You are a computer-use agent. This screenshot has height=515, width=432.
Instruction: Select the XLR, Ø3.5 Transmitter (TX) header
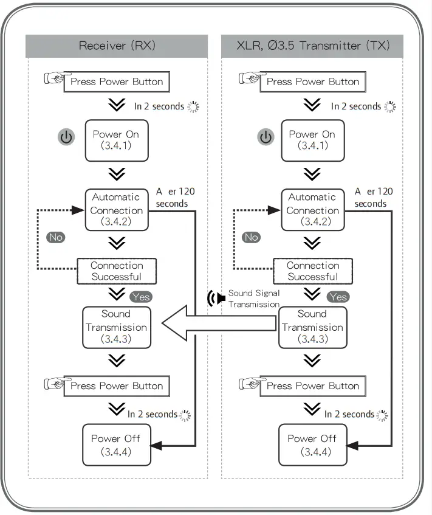click(x=312, y=46)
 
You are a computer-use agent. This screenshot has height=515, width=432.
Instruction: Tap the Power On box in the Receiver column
click(x=116, y=140)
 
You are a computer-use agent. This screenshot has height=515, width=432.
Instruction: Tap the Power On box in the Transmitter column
click(x=312, y=140)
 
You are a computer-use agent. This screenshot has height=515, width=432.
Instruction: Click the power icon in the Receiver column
click(x=66, y=137)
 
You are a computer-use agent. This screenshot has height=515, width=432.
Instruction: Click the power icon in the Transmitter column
click(x=266, y=137)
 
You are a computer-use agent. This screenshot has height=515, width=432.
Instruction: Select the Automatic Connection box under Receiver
click(x=116, y=210)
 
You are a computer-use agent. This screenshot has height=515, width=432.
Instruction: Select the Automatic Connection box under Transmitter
click(x=312, y=210)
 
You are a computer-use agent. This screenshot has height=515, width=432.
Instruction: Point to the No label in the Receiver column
click(x=56, y=237)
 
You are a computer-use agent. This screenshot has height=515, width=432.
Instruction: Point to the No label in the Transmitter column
click(x=251, y=237)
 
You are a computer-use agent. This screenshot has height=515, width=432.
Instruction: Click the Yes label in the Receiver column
click(x=140, y=297)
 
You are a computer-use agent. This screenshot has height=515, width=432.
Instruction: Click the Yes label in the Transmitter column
click(x=338, y=297)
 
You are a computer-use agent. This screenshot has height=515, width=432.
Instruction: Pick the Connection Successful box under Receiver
click(x=117, y=271)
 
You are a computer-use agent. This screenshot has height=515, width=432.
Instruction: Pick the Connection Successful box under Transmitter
click(x=312, y=271)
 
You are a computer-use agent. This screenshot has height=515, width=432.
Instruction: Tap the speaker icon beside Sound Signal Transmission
click(x=212, y=299)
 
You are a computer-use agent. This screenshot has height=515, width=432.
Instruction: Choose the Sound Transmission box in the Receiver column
click(x=115, y=327)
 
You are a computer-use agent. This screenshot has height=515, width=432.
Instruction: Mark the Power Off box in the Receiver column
click(x=115, y=445)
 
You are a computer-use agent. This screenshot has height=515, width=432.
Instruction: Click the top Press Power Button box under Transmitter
click(x=312, y=81)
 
